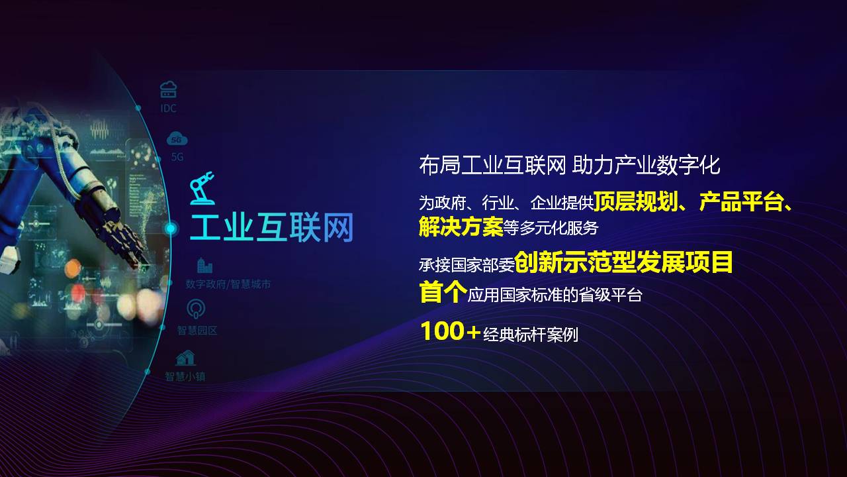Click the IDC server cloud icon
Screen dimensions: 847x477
[168, 89]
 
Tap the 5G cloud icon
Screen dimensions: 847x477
[177, 139]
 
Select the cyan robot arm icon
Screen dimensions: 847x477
[202, 188]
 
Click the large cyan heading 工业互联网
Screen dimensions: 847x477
[271, 227]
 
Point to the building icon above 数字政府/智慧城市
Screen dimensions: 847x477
[204, 266]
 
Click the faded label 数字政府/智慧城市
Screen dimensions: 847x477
[228, 284]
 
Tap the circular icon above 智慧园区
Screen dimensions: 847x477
[197, 309]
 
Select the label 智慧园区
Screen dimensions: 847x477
[197, 331]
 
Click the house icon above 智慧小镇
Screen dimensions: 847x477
[185, 358]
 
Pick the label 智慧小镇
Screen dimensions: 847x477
[185, 376]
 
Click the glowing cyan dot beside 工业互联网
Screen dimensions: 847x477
[171, 229]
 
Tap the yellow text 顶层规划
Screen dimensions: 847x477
[636, 201]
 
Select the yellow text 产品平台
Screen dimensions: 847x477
[740, 201]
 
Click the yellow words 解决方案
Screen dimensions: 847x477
[461, 227]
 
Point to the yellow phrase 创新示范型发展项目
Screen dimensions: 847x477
[623, 262]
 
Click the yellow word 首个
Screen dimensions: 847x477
[443, 291]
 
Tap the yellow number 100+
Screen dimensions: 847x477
[451, 331]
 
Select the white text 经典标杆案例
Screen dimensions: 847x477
[531, 335]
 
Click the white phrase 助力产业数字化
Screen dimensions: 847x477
[646, 166]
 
